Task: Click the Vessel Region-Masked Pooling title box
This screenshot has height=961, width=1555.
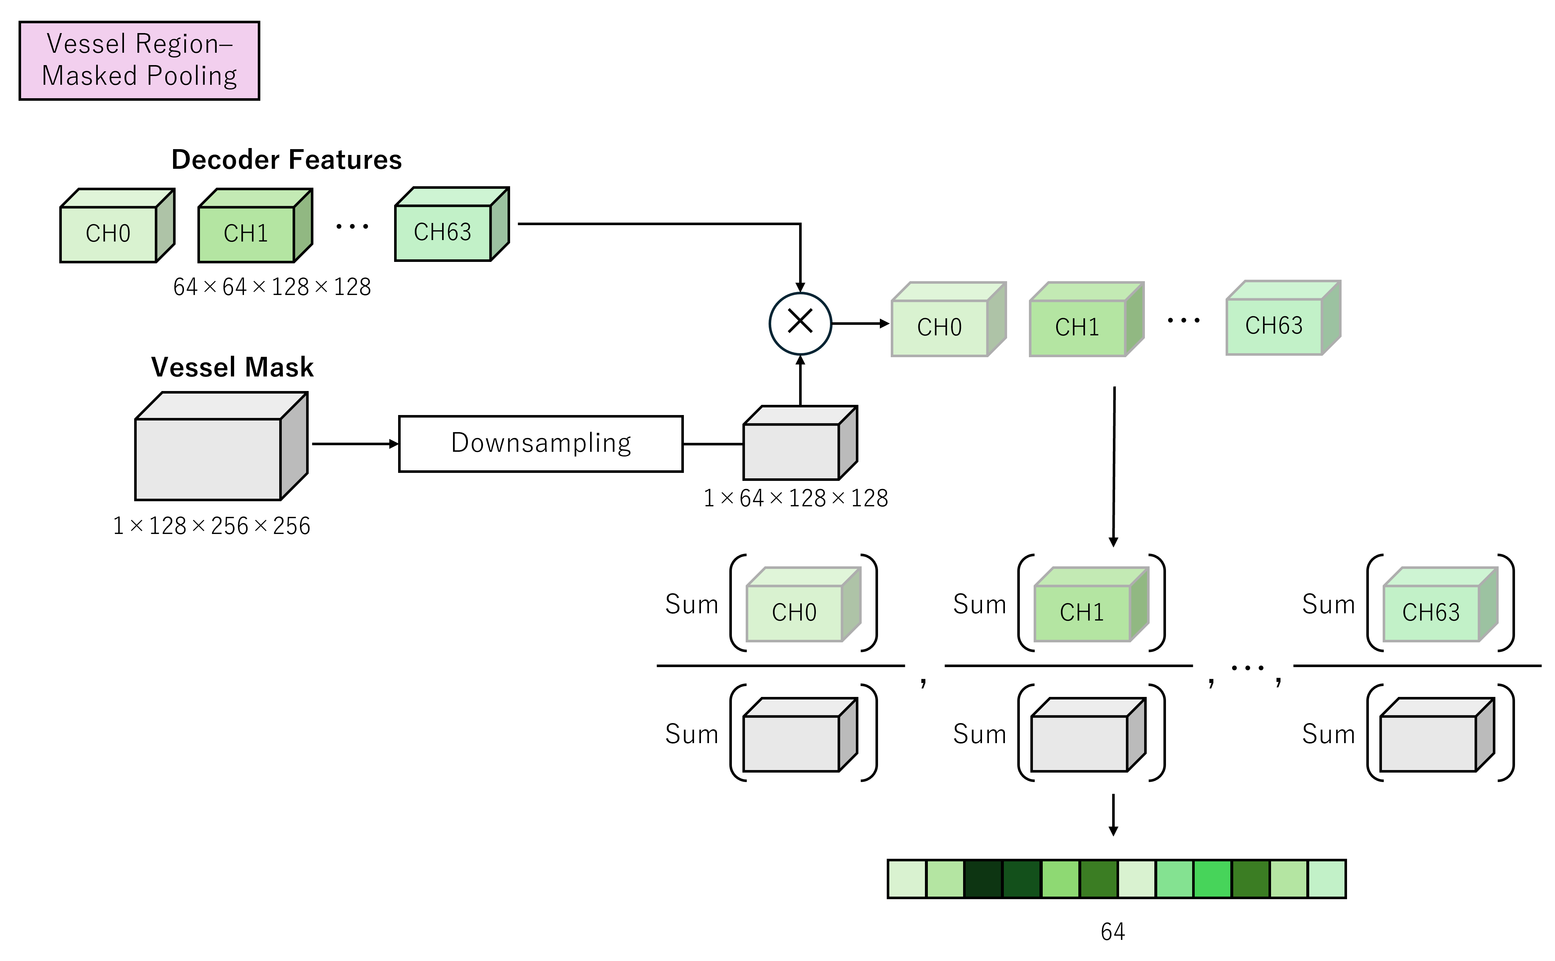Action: pyautogui.click(x=139, y=60)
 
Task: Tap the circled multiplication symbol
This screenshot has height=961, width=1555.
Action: pyautogui.click(x=800, y=323)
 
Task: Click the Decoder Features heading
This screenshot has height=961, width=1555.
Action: pyautogui.click(x=286, y=160)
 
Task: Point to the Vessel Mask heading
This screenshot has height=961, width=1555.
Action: pyautogui.click(x=232, y=367)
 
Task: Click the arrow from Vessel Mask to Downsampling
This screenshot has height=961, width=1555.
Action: pyautogui.click(x=354, y=444)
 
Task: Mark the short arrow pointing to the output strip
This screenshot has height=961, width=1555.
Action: pyautogui.click(x=1113, y=816)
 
